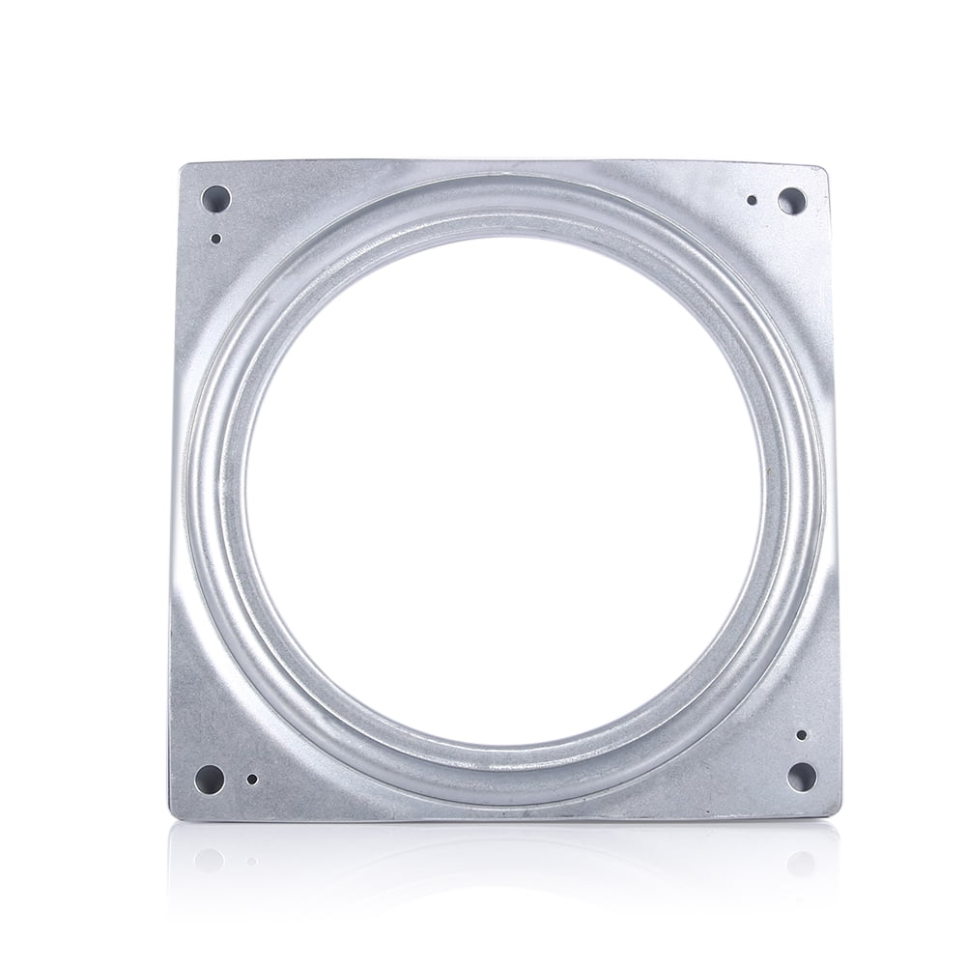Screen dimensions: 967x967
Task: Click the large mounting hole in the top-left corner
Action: (x=215, y=199)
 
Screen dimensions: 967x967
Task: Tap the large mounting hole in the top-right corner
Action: (x=791, y=201)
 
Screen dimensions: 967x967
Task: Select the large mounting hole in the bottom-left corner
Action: (x=210, y=777)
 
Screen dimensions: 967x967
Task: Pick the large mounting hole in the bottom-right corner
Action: (x=801, y=776)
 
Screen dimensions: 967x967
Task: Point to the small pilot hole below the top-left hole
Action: (x=215, y=238)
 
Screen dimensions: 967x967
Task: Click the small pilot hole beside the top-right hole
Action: (x=752, y=201)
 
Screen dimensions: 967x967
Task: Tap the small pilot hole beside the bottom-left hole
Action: (x=252, y=779)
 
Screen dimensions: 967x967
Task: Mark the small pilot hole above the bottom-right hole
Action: (x=801, y=735)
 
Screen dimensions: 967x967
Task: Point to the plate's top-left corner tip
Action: (x=183, y=164)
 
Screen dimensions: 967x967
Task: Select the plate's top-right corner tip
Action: (x=826, y=166)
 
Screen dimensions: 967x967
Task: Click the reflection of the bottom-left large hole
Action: (x=209, y=861)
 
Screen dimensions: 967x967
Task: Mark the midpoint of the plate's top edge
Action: (x=503, y=160)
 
